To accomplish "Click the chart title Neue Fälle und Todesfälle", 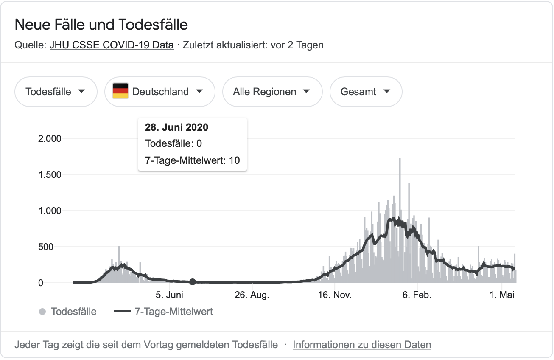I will (x=101, y=25).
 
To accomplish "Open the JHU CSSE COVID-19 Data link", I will (x=112, y=45).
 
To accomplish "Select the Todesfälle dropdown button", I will (x=56, y=92).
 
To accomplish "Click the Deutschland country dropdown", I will (x=160, y=92).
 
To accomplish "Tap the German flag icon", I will (x=120, y=91).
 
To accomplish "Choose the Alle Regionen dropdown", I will (x=272, y=92).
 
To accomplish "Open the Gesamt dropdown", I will (x=366, y=92).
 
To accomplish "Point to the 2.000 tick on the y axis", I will (x=50, y=139).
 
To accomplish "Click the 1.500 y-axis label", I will (x=50, y=175).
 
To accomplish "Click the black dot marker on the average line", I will (x=193, y=282).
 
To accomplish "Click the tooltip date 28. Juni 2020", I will (x=177, y=127).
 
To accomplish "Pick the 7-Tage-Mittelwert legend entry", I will (x=163, y=312).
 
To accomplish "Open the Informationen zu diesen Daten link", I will (x=362, y=345).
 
